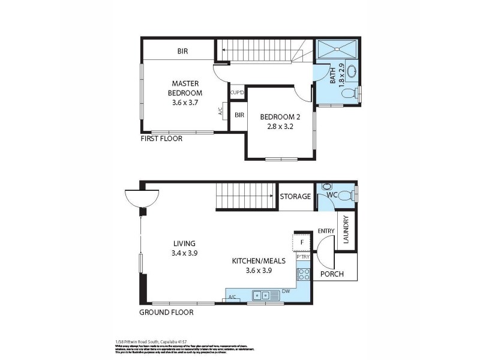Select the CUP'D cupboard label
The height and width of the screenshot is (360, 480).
[238, 92]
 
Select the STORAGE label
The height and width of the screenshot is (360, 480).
[296, 196]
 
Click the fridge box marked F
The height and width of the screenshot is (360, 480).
[302, 243]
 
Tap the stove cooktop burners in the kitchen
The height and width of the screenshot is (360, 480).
[304, 274]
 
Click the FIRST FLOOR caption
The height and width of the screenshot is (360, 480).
[161, 139]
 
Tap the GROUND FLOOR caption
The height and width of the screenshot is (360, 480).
[166, 313]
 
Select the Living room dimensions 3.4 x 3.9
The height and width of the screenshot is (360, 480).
[185, 253]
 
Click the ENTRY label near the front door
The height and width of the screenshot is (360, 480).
[326, 230]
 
